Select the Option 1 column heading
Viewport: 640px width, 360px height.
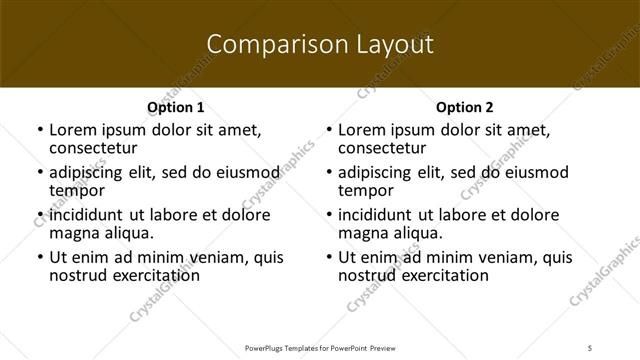(x=176, y=107)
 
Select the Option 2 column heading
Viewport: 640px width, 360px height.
(x=465, y=107)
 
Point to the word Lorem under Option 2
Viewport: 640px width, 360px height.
(x=362, y=130)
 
